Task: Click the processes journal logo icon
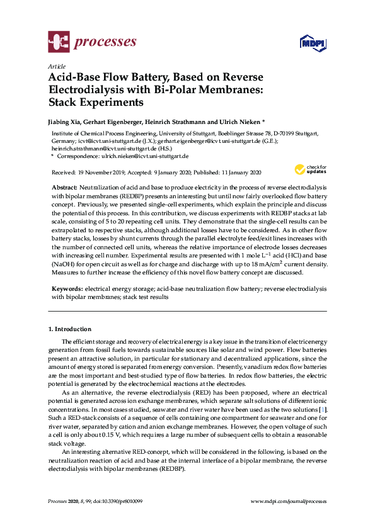pyautogui.click(x=58, y=43)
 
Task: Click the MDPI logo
pyautogui.click(x=313, y=43)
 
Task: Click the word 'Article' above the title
pyautogui.click(x=57, y=65)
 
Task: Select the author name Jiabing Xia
pyautogui.click(x=66, y=121)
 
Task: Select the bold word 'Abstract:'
pyautogui.click(x=64, y=188)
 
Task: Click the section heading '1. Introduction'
pyautogui.click(x=70, y=329)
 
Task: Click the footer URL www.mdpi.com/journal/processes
pyautogui.click(x=289, y=501)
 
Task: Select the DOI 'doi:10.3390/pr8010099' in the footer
pyautogui.click(x=113, y=501)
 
